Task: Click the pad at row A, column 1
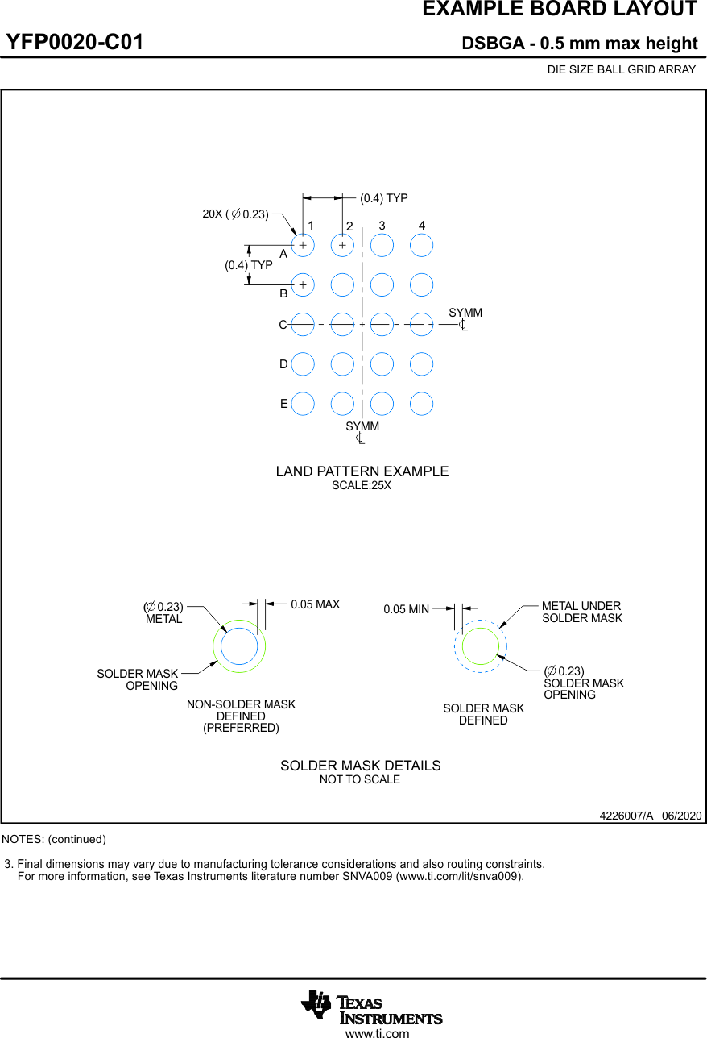303,244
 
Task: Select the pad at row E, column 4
421,404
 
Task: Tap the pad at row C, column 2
342,324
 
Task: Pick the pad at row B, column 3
382,284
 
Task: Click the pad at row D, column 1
303,364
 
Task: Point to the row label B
283,294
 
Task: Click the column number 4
421,226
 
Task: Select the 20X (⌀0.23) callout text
235,214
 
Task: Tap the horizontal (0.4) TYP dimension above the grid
383,198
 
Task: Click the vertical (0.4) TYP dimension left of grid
248,265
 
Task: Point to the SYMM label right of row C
465,313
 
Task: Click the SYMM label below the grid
362,426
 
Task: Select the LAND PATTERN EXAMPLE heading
362,471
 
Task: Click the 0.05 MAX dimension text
315,604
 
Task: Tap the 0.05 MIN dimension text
406,610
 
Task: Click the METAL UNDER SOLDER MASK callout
581,612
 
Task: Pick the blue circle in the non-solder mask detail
239,646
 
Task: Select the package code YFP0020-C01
75,43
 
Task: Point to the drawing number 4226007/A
626,816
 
